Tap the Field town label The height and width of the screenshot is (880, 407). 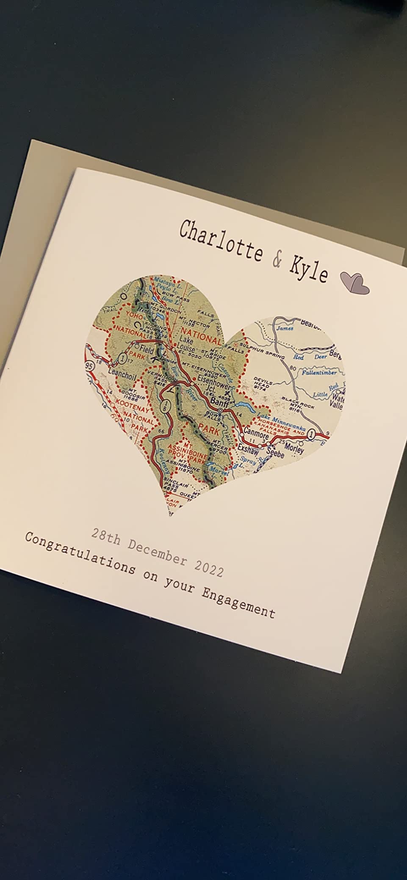[147, 350]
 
